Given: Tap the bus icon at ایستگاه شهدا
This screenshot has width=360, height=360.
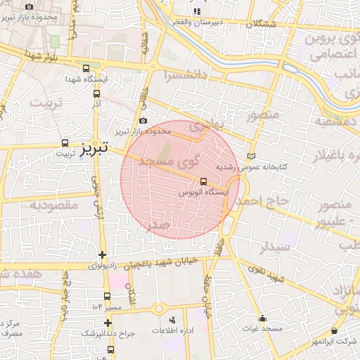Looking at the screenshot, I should [x=86, y=69].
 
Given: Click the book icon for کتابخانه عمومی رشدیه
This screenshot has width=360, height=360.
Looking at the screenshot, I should [x=252, y=156].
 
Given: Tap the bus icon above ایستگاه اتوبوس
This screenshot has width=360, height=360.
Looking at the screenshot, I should [x=203, y=181].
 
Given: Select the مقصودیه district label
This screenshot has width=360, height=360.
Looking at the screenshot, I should [x=53, y=205].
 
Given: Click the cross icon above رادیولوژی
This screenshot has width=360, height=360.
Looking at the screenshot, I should [x=103, y=255].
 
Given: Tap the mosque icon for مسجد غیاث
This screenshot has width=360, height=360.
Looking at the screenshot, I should [x=263, y=318].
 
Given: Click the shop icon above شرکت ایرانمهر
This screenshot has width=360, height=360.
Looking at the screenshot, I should [x=333, y=330].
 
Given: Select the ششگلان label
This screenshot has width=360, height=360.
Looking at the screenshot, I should [x=260, y=23].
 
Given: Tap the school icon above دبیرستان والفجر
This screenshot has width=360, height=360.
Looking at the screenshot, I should [x=198, y=11].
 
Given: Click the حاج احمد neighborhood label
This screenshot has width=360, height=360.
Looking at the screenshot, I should [x=261, y=202].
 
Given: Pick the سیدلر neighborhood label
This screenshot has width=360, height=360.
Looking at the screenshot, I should [x=273, y=247].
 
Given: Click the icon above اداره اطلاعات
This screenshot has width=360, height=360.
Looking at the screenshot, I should [x=173, y=320].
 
